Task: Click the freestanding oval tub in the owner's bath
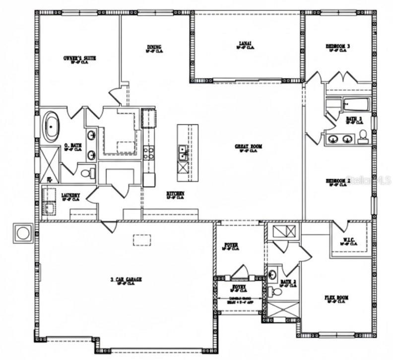tap(51, 127)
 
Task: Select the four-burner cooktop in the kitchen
tap(148, 153)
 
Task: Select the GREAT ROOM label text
tap(248, 147)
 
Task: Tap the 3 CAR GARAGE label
tap(126, 280)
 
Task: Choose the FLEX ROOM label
tap(336, 298)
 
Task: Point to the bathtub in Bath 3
tap(354, 105)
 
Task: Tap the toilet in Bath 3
tap(363, 137)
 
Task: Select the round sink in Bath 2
tap(273, 274)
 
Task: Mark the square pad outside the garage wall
tap(23, 233)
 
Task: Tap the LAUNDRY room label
tap(70, 196)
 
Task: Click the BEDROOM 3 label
tap(338, 46)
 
